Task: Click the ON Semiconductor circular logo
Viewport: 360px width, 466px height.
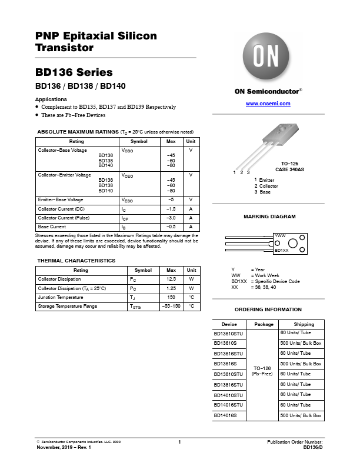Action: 268,56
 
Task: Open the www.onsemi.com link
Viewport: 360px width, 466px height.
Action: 268,104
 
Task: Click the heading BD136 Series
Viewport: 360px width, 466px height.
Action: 74,73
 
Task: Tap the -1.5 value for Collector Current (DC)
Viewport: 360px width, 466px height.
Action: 171,209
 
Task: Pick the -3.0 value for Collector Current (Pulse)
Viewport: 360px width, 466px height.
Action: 171,218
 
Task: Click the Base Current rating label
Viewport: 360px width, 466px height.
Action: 51,227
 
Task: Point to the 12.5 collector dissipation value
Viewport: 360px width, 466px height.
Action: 171,279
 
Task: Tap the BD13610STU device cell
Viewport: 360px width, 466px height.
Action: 228,334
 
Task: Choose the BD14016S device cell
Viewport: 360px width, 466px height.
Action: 225,415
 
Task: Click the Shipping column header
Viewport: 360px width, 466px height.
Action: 300,324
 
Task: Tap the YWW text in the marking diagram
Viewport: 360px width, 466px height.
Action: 281,235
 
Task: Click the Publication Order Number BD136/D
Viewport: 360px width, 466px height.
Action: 312,448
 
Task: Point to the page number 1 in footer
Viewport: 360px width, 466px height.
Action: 179,442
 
